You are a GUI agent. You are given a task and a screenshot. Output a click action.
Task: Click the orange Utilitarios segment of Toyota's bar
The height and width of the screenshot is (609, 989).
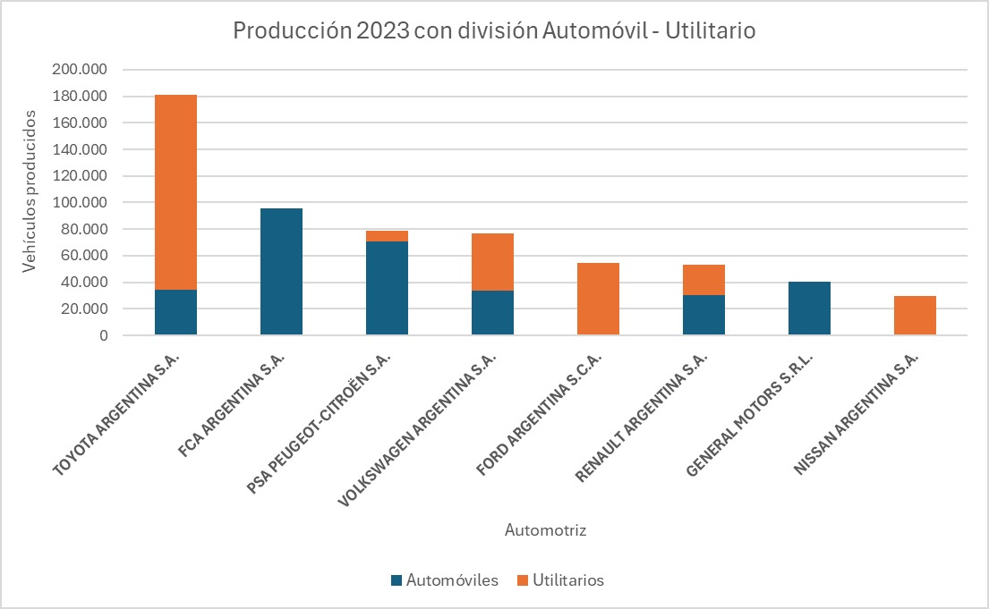(175, 191)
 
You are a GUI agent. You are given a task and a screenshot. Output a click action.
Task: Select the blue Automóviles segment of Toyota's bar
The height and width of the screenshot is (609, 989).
(175, 312)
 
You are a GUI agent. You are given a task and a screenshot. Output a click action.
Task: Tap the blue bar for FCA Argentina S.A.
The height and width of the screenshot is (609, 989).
(281, 272)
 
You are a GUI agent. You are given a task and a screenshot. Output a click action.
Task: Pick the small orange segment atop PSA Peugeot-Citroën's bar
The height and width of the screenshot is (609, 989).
(387, 236)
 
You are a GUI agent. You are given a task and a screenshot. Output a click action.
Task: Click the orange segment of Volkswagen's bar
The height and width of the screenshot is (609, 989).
(492, 262)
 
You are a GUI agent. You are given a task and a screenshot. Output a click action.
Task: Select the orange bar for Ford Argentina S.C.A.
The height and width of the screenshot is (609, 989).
(598, 299)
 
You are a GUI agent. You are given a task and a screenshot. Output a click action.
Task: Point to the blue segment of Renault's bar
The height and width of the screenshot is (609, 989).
(703, 315)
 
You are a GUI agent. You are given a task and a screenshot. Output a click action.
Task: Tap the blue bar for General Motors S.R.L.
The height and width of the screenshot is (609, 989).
(809, 309)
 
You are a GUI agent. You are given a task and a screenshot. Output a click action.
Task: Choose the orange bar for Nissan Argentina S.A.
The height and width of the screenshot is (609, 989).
(915, 316)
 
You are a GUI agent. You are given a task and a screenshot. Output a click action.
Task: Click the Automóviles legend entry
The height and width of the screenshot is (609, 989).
(444, 580)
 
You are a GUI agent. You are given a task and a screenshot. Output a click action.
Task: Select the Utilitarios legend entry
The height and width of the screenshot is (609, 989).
(560, 580)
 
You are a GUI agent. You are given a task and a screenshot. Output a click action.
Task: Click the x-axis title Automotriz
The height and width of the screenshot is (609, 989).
(545, 530)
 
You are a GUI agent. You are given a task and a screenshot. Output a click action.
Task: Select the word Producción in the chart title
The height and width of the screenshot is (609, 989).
(288, 30)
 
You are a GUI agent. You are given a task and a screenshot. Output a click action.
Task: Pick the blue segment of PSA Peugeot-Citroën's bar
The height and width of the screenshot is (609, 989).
(387, 288)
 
